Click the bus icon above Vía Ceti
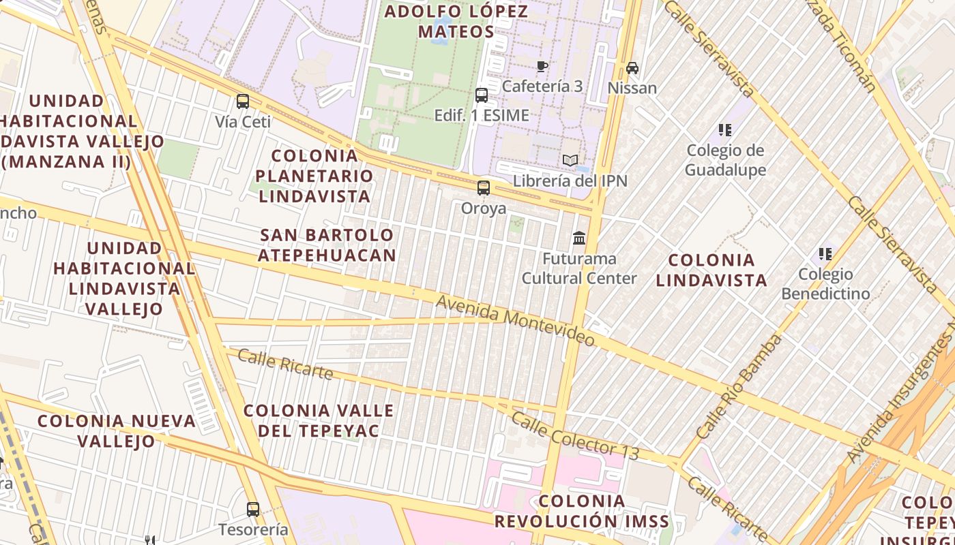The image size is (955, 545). (243, 102)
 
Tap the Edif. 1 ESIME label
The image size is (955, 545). (482, 115)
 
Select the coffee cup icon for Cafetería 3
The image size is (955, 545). (542, 67)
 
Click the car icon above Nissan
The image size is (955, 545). (632, 68)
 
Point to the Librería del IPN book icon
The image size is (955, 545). (570, 161)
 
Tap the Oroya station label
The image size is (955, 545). (484, 208)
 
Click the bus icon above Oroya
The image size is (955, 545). (484, 187)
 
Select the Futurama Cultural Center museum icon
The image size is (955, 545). (579, 238)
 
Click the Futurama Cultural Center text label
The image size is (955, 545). (579, 268)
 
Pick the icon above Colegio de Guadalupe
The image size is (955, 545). (724, 129)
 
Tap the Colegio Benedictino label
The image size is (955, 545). (825, 284)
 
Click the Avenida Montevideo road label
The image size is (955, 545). (515, 320)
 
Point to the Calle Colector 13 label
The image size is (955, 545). (574, 435)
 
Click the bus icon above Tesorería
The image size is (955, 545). (253, 509)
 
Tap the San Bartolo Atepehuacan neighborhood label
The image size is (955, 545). (328, 245)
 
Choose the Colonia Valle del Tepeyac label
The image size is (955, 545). (319, 420)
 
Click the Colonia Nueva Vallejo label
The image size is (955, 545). (117, 431)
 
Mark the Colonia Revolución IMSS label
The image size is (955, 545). (582, 512)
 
